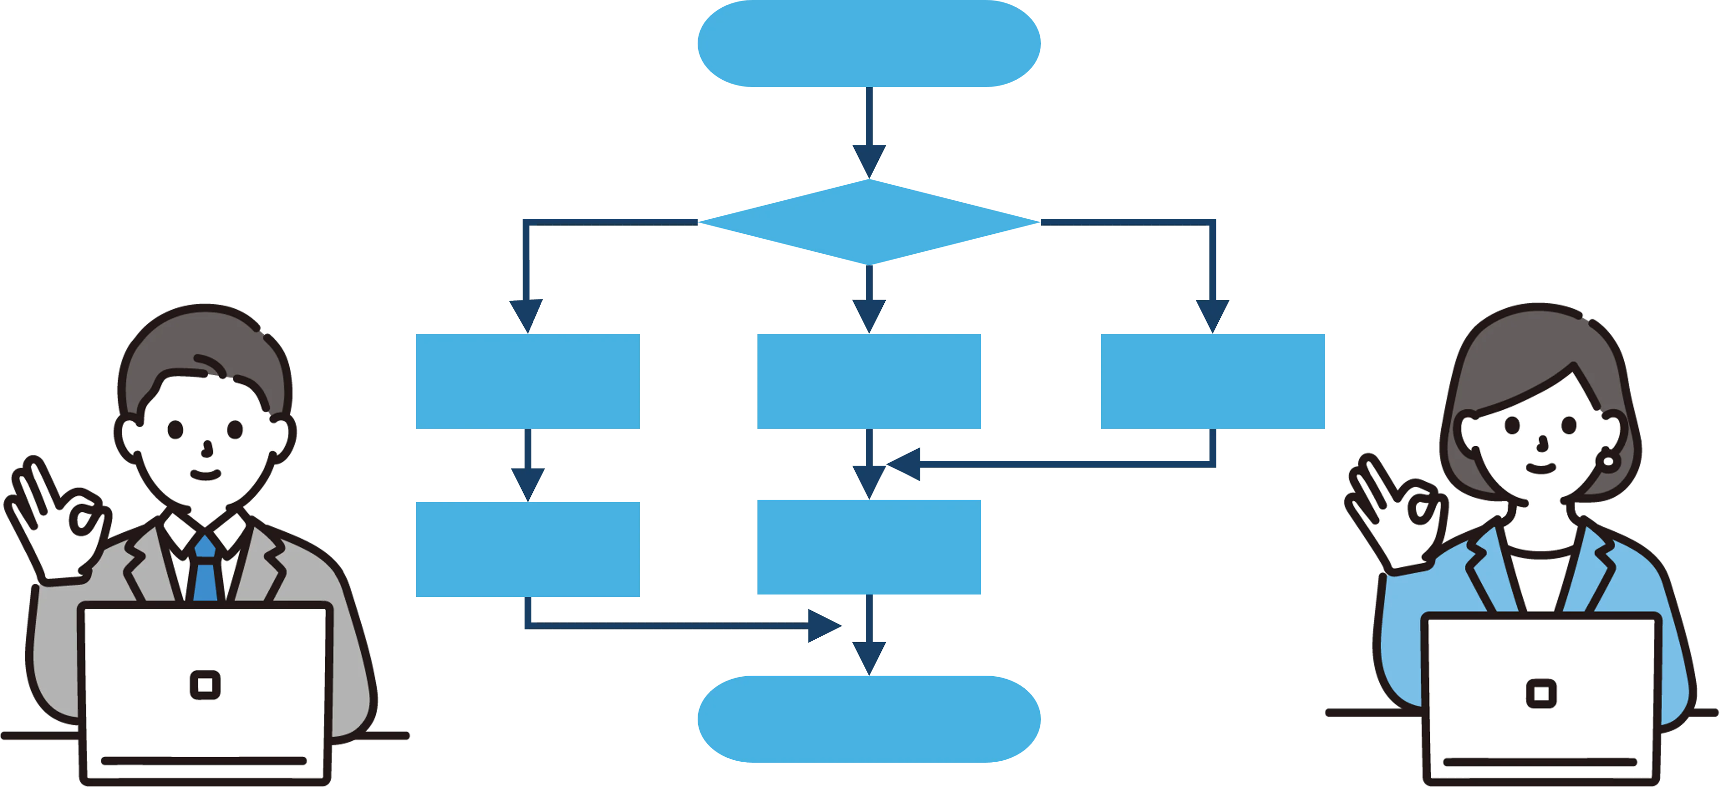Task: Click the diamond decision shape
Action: (x=868, y=221)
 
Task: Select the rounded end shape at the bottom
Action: (x=868, y=719)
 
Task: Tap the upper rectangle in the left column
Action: (x=528, y=381)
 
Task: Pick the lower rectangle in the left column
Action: (x=528, y=549)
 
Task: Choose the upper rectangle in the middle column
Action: (x=868, y=381)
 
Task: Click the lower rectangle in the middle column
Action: (x=868, y=546)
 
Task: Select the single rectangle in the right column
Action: (x=1212, y=381)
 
